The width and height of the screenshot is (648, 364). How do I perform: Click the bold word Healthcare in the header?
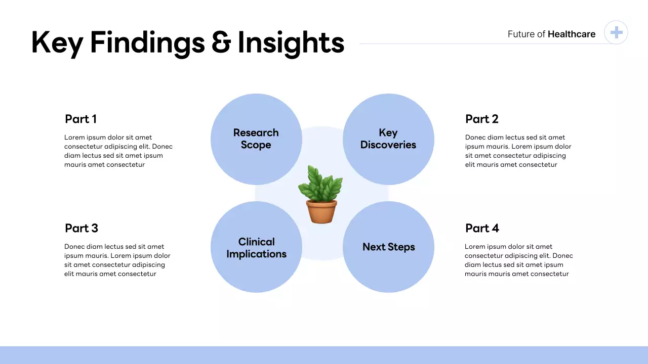(572, 34)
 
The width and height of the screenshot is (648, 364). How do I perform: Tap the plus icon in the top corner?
(616, 33)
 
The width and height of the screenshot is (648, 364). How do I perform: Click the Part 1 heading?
(80, 119)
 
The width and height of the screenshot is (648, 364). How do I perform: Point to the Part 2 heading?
(481, 119)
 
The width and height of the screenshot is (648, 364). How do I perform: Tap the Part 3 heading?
(82, 229)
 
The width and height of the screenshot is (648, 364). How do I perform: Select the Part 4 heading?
(482, 229)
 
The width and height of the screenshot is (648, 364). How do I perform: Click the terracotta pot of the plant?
(321, 212)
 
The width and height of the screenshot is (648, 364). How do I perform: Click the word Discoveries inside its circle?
(388, 145)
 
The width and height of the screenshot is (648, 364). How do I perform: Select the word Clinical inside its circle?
(257, 242)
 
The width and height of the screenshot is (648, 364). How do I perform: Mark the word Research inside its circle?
(256, 132)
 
